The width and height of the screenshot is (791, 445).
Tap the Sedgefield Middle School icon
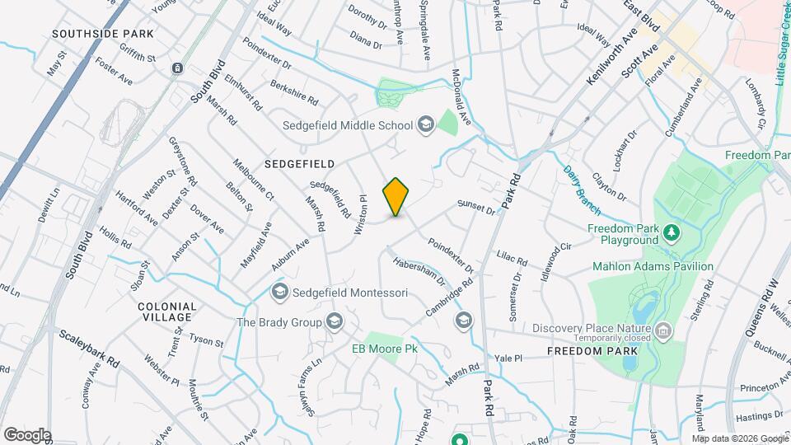point(426,125)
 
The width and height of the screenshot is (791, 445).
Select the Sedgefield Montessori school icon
point(280,292)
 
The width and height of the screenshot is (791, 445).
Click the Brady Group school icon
point(335,321)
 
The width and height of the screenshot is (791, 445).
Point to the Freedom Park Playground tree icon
point(672,233)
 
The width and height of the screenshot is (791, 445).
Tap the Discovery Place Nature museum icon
point(664,331)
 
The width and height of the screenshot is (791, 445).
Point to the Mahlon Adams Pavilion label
point(653,266)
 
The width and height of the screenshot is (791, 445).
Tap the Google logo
point(27,434)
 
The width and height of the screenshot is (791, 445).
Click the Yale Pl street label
point(508,358)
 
